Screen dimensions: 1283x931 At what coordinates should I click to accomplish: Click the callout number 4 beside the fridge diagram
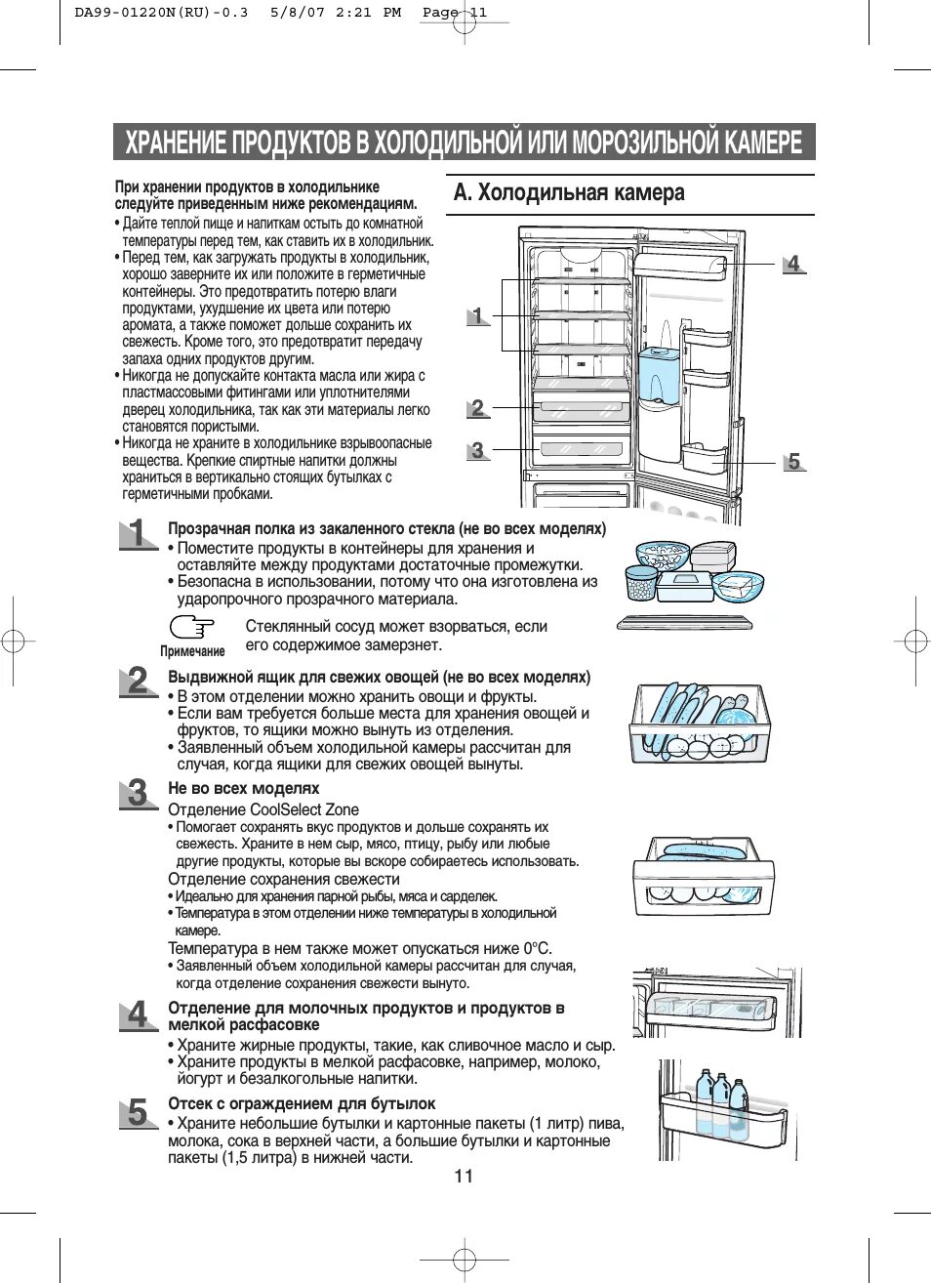click(793, 263)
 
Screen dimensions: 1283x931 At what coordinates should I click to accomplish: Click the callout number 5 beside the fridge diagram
click(794, 461)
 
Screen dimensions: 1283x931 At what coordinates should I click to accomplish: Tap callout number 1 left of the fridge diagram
click(477, 314)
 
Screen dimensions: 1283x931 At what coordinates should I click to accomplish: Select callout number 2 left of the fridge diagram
click(477, 407)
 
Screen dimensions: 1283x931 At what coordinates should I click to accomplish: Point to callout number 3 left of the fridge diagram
click(477, 450)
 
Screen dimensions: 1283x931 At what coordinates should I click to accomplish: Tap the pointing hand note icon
click(192, 627)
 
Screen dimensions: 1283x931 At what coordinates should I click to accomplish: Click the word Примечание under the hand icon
click(192, 651)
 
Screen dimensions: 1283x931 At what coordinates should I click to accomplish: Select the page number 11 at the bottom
click(464, 1176)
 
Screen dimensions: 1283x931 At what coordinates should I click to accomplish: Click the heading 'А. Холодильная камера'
click(569, 192)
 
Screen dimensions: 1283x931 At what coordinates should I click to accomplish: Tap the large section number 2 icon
click(139, 681)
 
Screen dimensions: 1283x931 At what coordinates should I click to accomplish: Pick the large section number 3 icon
click(139, 793)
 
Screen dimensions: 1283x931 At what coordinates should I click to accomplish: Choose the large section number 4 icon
click(139, 1014)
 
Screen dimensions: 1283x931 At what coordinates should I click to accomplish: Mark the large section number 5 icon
click(139, 1112)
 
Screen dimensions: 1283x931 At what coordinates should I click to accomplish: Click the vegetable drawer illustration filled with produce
click(697, 722)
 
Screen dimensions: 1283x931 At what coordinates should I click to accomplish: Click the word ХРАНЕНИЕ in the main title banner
click(175, 143)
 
